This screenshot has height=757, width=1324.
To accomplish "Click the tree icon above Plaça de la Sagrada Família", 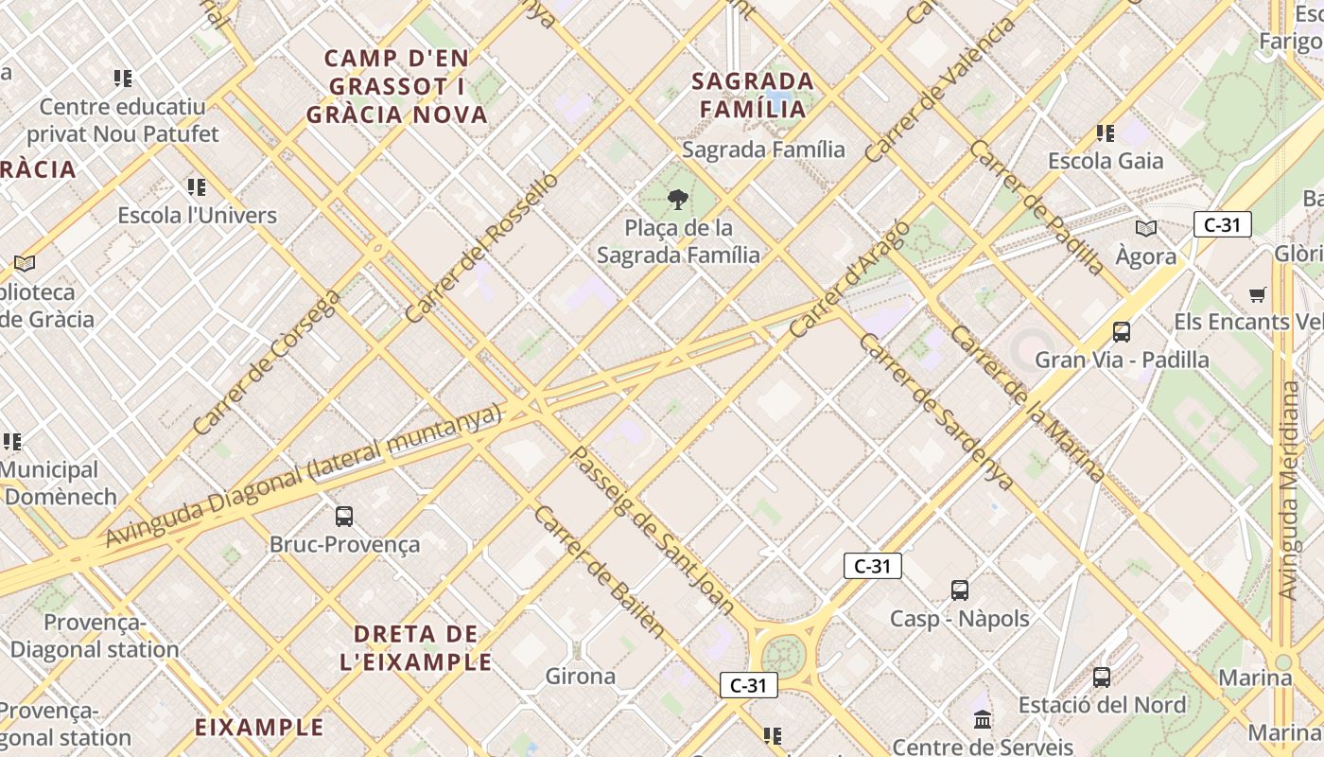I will [677, 200].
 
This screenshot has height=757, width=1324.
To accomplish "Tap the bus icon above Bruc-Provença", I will [344, 517].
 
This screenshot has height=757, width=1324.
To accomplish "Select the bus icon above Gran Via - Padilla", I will [1122, 332].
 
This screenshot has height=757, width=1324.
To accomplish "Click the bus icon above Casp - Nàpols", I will [960, 590].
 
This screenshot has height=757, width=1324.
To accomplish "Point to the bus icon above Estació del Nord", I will [1102, 678].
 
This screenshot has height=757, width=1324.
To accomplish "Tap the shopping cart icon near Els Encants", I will [1257, 295].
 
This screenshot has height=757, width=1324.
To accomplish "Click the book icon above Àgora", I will [1146, 228].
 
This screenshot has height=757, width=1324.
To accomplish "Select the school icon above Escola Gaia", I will [1105, 133].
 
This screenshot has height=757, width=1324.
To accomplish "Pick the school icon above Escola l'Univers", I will [197, 187].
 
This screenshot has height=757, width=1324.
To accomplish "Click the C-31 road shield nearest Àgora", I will [1223, 224].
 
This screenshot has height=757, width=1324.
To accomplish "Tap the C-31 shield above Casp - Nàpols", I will [872, 566].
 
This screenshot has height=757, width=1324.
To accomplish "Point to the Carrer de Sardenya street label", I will [936, 412].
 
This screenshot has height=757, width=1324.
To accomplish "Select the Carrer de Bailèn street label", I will [600, 572].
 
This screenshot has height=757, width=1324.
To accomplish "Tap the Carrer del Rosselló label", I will [481, 248].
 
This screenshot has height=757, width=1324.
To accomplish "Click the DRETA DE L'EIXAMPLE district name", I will [416, 647].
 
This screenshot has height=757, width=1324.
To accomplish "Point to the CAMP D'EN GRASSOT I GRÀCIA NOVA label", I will [397, 87].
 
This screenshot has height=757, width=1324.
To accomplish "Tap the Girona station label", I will [581, 677].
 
